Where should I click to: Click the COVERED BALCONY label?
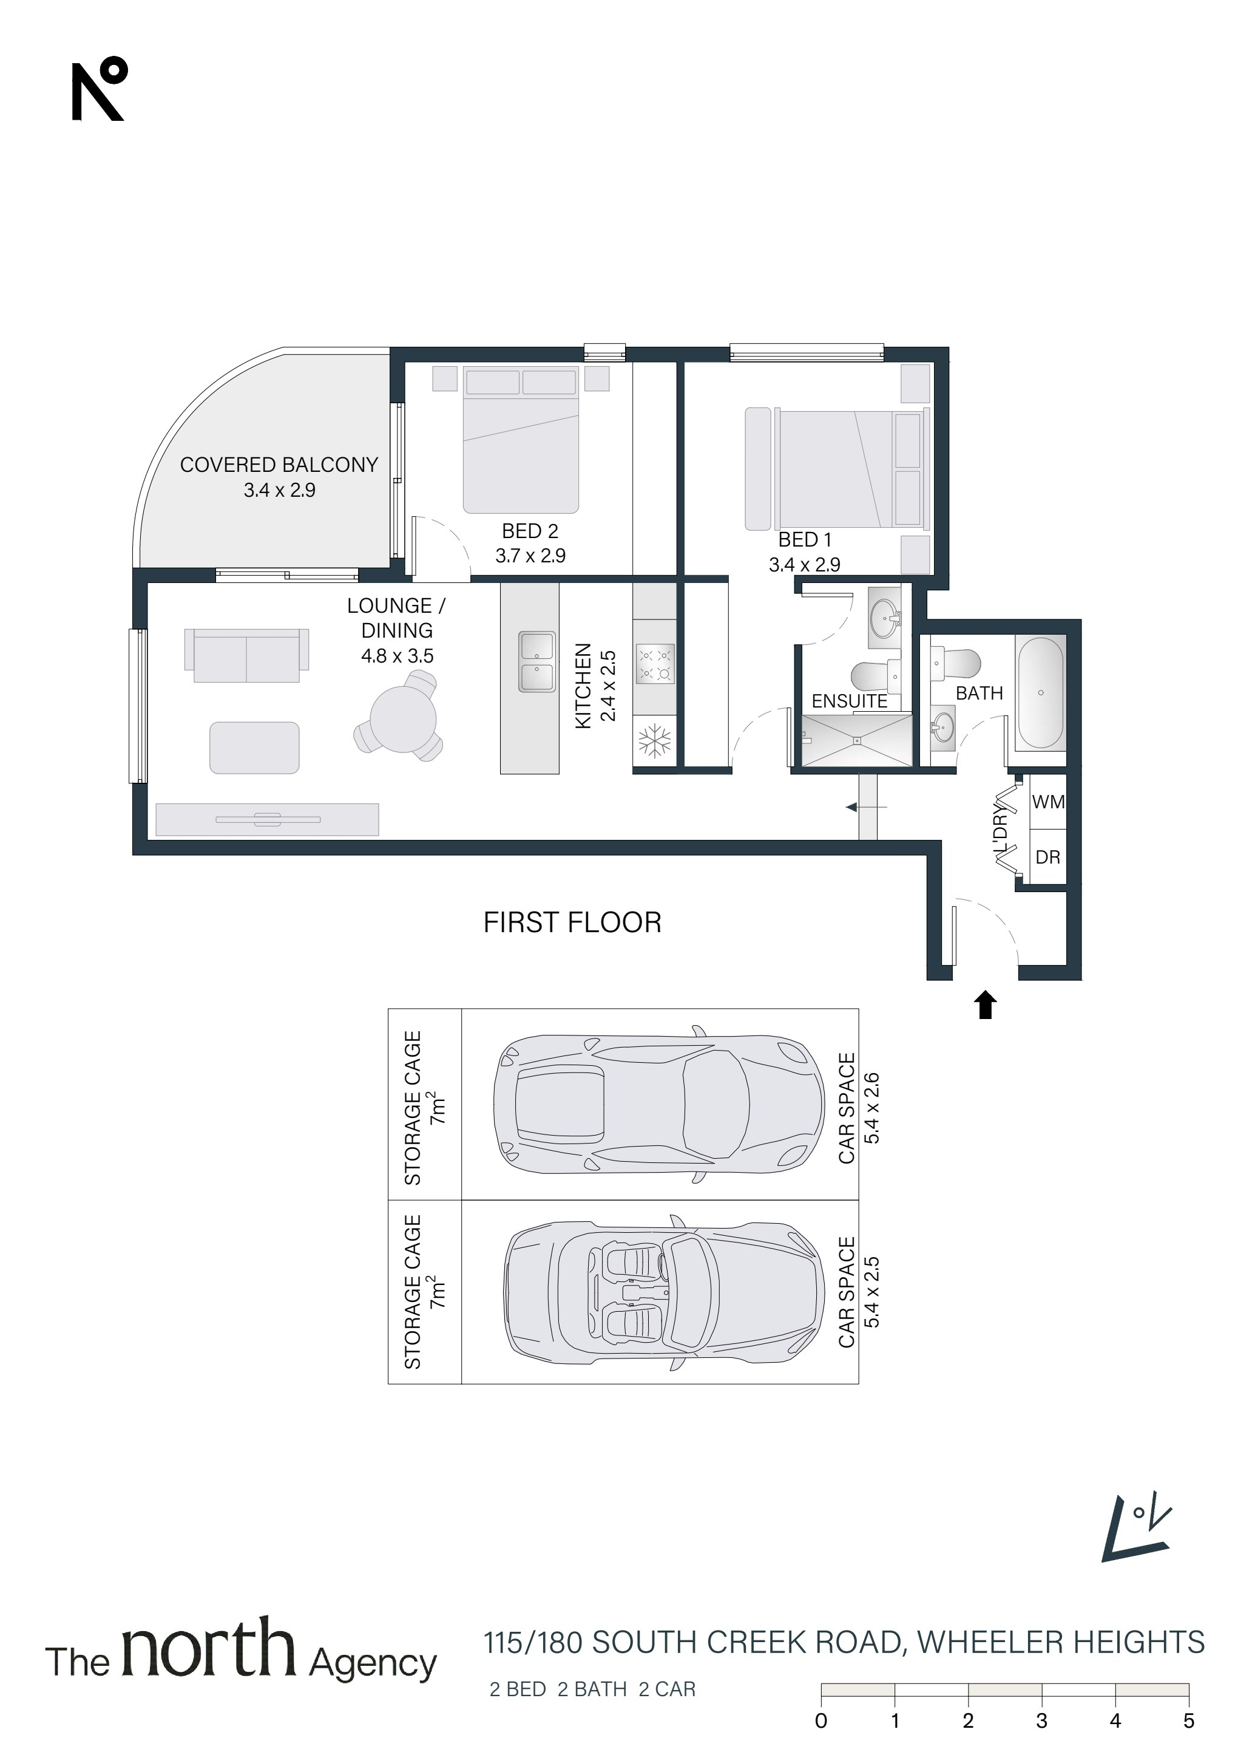(x=279, y=465)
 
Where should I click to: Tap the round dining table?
(x=403, y=719)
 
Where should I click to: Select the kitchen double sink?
(x=537, y=661)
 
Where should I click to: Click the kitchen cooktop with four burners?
(x=655, y=663)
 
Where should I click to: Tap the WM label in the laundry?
(x=1047, y=802)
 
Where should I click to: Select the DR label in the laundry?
(x=1047, y=857)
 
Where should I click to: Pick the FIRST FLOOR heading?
(x=572, y=923)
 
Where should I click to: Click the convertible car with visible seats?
(x=664, y=1293)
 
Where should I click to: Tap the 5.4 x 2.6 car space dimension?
(x=872, y=1108)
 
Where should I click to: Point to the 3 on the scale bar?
(x=1041, y=1720)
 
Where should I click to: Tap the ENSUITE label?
(x=849, y=701)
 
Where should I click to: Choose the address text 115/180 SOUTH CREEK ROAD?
(x=694, y=1642)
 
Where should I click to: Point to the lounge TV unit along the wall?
(x=267, y=820)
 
